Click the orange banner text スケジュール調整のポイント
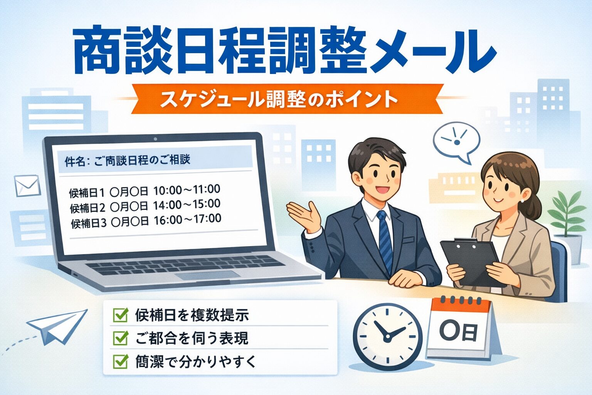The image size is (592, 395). point(278,100)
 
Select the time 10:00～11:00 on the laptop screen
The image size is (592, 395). point(187,190)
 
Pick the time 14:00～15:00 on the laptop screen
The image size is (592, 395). point(187,205)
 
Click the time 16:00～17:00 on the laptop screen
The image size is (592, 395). point(187,219)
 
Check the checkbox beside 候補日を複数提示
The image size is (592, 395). point(120,315)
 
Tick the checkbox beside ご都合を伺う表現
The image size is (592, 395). point(120,338)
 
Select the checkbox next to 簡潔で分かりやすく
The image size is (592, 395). point(120,361)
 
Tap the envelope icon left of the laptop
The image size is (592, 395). point(27,186)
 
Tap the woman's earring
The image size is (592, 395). point(523,201)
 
